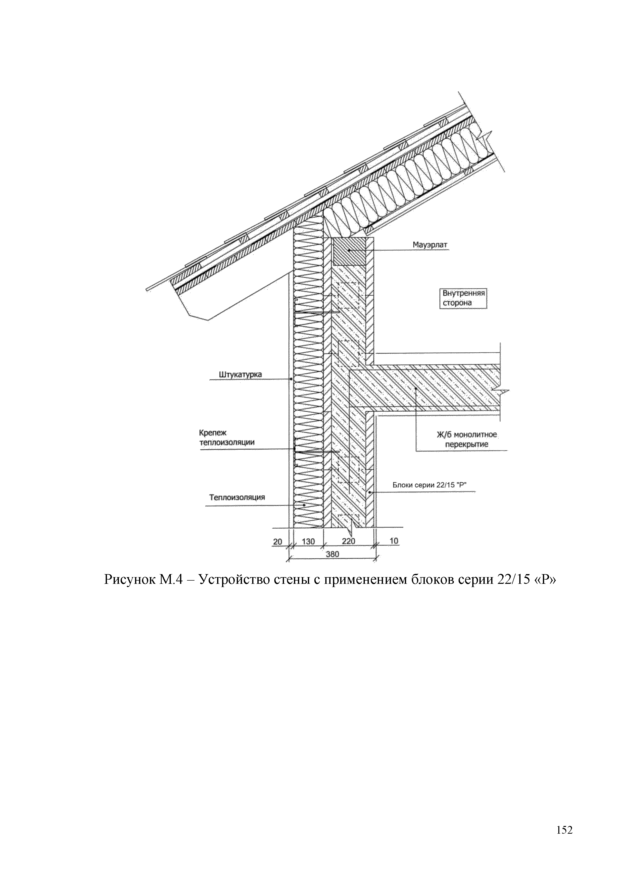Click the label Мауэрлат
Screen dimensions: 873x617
[430, 245]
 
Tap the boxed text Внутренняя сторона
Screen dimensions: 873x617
[463, 298]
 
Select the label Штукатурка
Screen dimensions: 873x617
[240, 375]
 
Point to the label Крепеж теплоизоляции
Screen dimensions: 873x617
[227, 437]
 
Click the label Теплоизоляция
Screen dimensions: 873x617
[237, 497]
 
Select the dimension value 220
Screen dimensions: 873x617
[348, 541]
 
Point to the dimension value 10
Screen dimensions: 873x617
[394, 541]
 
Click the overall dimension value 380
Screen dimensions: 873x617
[332, 554]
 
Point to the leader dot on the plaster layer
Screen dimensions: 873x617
[291, 379]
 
